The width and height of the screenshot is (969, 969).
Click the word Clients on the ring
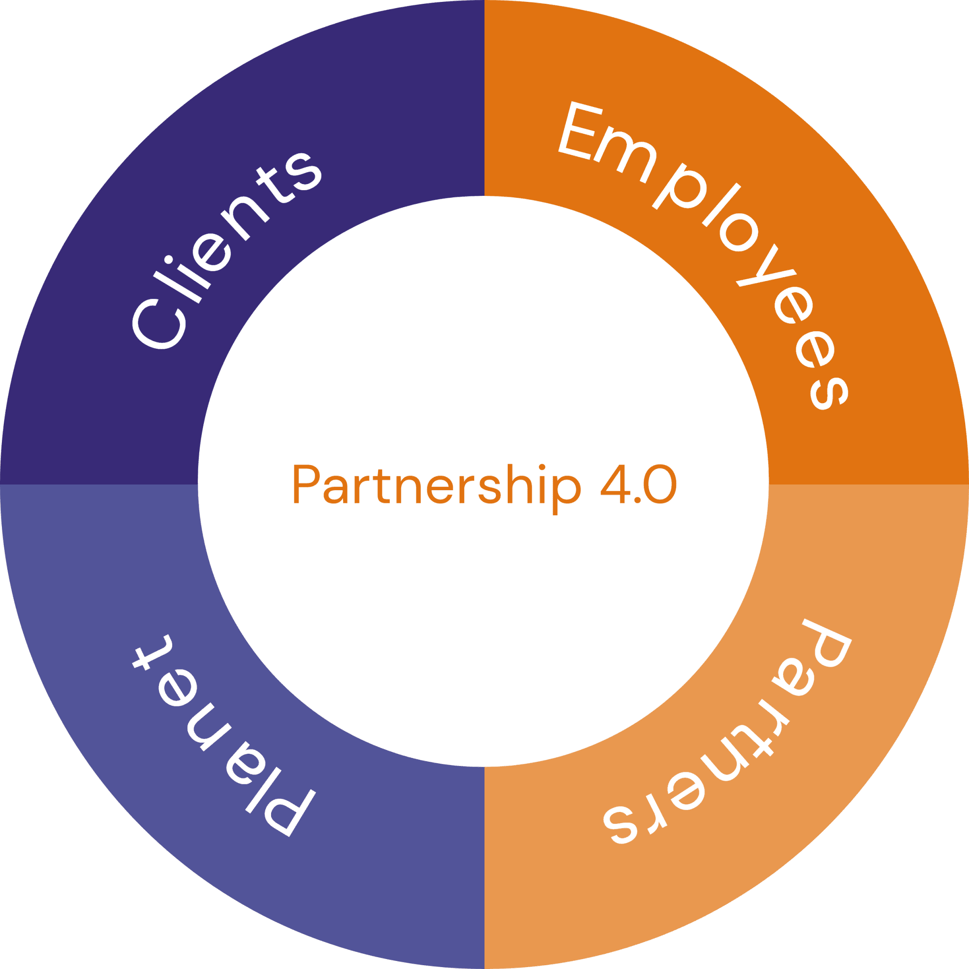[226, 251]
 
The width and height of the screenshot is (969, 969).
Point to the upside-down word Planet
[220, 732]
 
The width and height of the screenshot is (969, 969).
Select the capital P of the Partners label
[822, 647]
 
